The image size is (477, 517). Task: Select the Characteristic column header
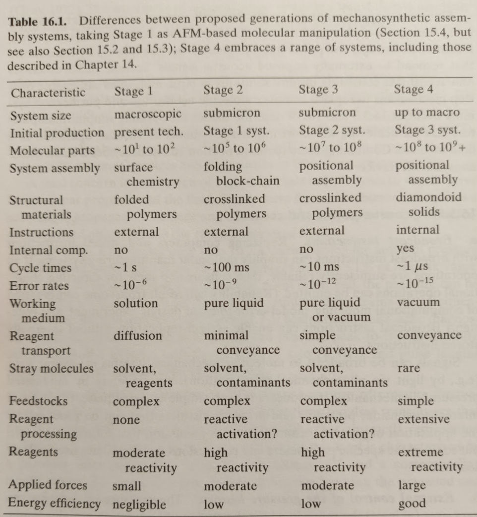coord(48,93)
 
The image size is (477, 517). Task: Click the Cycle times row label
coord(41,268)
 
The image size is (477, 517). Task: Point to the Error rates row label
coord(39,286)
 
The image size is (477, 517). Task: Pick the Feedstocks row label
coord(38,401)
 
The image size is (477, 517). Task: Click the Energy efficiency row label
coord(55,504)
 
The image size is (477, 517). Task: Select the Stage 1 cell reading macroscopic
coord(148,114)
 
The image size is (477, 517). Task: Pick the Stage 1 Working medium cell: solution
coord(136,303)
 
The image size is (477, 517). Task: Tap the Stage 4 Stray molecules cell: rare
coord(409,368)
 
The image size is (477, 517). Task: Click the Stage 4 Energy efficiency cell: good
coord(412,503)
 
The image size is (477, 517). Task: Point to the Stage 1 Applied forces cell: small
coord(127,486)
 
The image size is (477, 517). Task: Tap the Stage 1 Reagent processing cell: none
coord(126,420)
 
